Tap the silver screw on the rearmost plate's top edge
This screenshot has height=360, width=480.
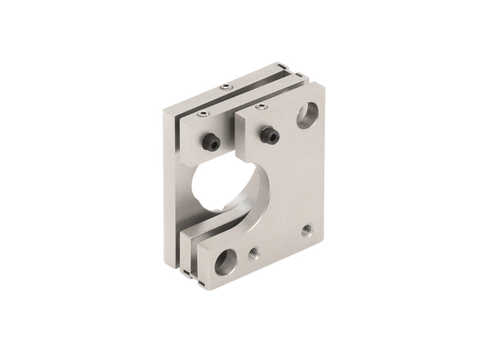225,88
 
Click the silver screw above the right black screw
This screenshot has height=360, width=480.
260,107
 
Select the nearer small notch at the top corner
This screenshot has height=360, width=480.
298,75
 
